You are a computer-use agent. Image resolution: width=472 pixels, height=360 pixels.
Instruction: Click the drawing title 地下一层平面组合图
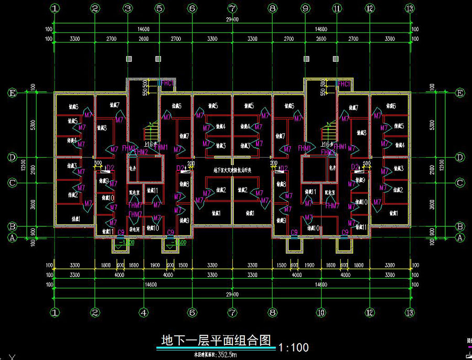click(215, 340)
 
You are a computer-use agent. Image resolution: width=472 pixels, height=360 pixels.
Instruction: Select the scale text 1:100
click(294, 347)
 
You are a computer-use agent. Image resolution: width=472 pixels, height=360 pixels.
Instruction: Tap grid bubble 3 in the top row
click(127, 8)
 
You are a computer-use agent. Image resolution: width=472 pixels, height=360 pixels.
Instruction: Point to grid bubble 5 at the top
click(160, 8)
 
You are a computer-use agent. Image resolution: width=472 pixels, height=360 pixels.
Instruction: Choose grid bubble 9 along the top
click(305, 8)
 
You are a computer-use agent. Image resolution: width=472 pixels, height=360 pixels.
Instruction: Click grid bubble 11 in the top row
click(337, 8)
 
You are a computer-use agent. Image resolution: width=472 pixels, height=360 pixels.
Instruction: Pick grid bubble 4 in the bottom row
click(143, 312)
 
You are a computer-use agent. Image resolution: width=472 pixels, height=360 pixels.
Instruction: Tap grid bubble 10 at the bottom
click(320, 312)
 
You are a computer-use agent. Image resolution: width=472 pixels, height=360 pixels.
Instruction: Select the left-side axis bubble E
click(11, 93)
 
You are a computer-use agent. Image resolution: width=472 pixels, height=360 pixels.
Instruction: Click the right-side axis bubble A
click(460, 237)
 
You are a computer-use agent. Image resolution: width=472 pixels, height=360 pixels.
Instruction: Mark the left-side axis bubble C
click(11, 183)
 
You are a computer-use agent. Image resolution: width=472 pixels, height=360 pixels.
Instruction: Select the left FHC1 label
click(167, 83)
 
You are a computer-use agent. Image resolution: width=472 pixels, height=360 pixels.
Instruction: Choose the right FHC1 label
click(344, 83)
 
